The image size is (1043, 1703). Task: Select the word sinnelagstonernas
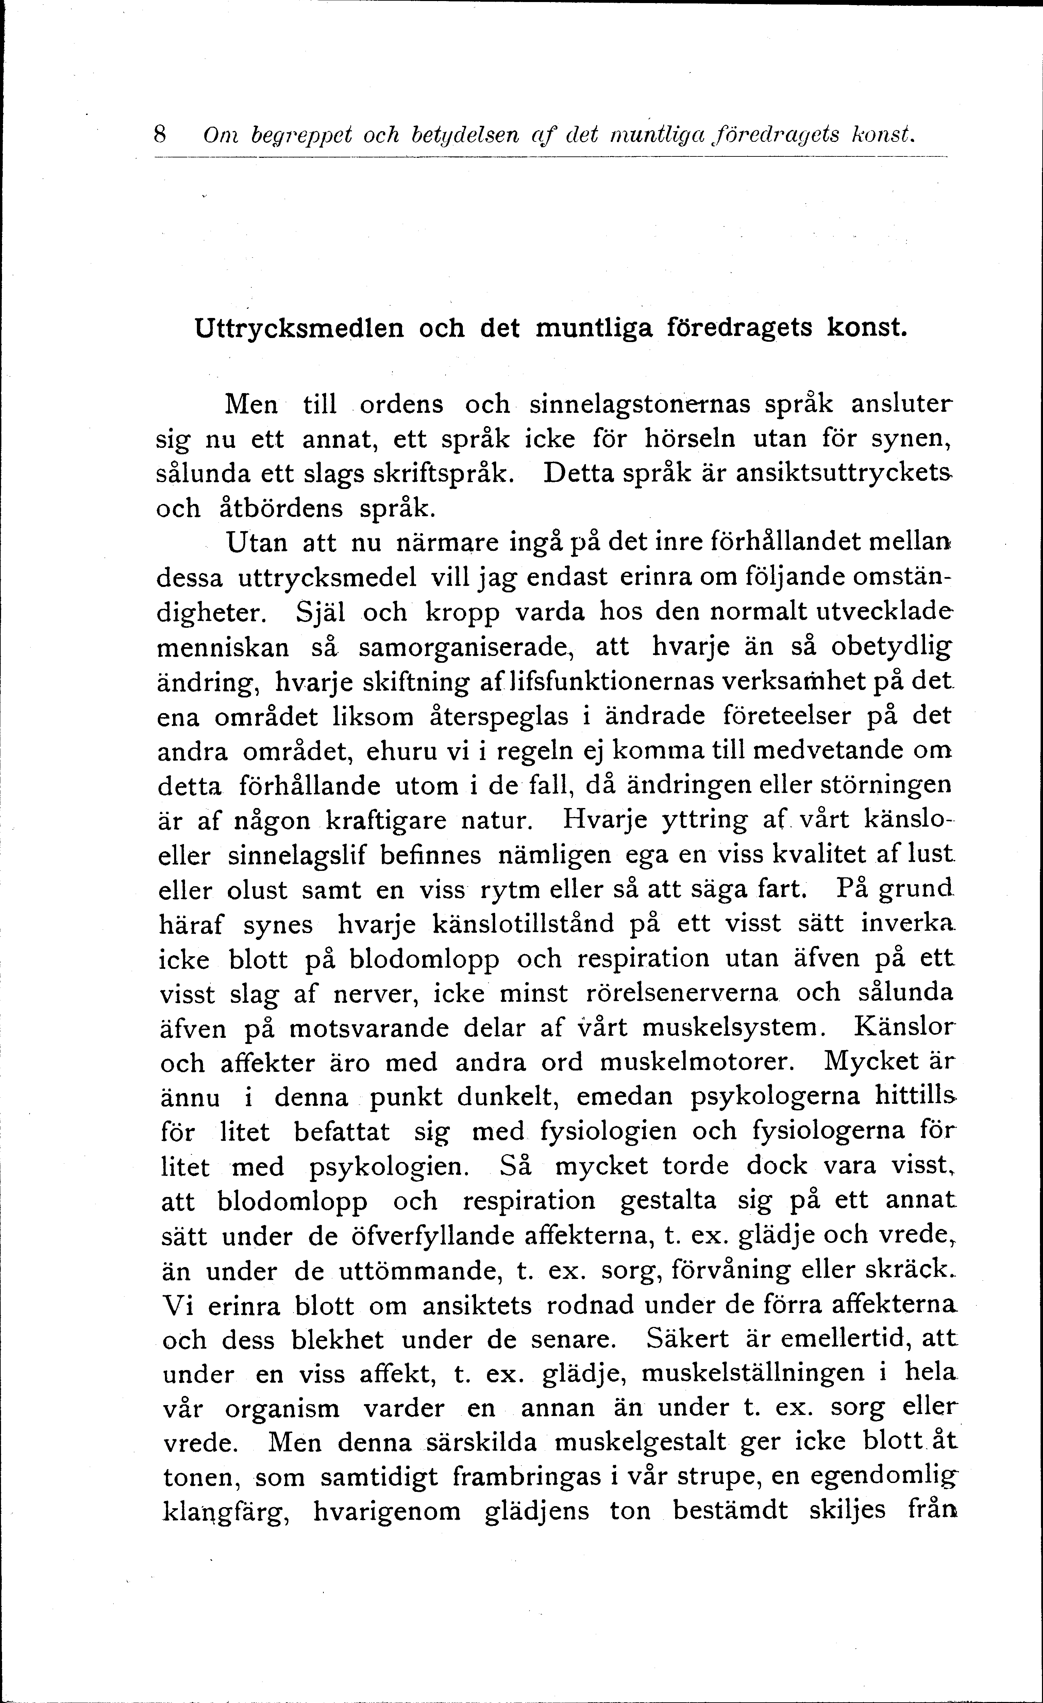point(639,404)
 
